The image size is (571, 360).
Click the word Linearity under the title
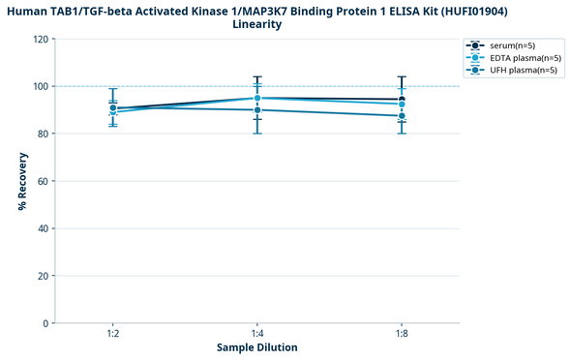[257, 24]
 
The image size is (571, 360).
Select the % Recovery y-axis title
[21, 181]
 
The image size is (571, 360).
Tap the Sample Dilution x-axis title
[256, 347]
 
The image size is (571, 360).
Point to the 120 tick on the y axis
[41, 40]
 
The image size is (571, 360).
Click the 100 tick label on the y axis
[41, 87]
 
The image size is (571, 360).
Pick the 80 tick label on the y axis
[43, 134]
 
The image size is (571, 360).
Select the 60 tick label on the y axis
[43, 181]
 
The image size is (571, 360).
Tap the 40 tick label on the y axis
[43, 228]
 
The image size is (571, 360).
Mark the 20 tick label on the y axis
[43, 276]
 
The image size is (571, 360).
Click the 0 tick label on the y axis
[45, 323]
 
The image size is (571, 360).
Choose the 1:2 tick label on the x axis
[113, 332]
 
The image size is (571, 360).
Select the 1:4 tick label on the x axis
[257, 332]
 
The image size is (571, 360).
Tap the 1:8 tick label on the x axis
[402, 332]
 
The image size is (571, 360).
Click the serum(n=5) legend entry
[513, 45]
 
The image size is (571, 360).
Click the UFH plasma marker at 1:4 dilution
[257, 110]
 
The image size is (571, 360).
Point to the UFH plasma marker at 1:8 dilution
[402, 116]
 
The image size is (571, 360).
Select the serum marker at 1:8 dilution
[402, 99]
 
